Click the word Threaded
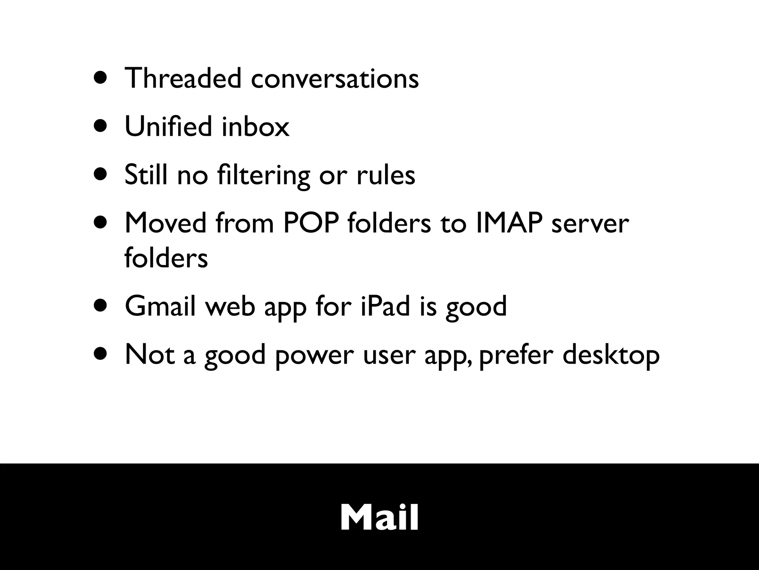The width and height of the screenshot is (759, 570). pos(183,78)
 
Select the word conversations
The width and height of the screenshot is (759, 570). pos(335,79)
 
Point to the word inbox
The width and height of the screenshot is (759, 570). pos(255,127)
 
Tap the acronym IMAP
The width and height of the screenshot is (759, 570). pos(508,223)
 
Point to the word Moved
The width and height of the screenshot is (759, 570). pos(165,223)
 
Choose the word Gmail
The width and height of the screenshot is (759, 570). pos(160,306)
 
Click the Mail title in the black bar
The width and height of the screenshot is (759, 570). pos(379,518)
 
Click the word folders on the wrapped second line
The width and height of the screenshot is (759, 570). pos(166,258)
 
